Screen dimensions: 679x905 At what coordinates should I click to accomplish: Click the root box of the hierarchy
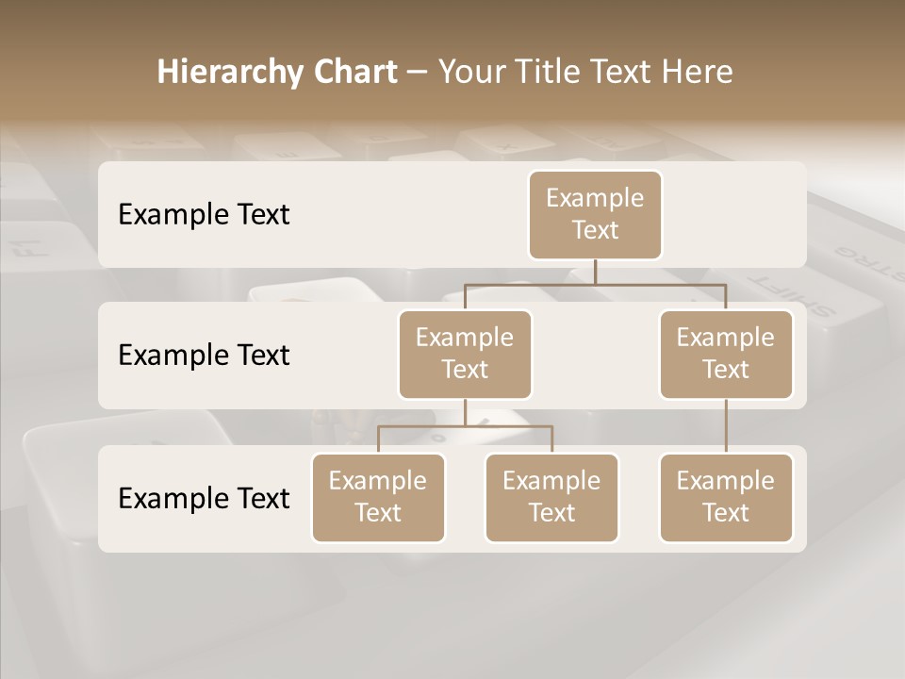[x=595, y=215]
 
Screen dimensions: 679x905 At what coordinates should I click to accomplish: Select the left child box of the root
[x=465, y=355]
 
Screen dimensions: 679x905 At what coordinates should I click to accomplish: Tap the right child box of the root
[x=726, y=355]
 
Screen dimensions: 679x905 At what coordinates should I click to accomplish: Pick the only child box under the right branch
[x=726, y=498]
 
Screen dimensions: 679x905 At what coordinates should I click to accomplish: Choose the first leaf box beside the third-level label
[x=378, y=498]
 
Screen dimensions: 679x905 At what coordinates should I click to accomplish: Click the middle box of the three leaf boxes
[x=551, y=498]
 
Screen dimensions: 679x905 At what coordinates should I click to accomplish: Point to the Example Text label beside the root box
[x=204, y=215]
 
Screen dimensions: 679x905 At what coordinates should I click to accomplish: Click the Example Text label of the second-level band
[x=204, y=356]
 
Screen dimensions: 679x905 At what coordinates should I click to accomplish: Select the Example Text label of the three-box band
[x=204, y=499]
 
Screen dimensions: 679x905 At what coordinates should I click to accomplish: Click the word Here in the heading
[x=698, y=73]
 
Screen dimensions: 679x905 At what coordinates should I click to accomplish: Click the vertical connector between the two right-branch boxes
[x=726, y=426]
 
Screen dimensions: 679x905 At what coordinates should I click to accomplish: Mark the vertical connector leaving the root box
[x=595, y=272]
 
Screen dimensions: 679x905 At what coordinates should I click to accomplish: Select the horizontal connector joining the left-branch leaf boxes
[x=465, y=426]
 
